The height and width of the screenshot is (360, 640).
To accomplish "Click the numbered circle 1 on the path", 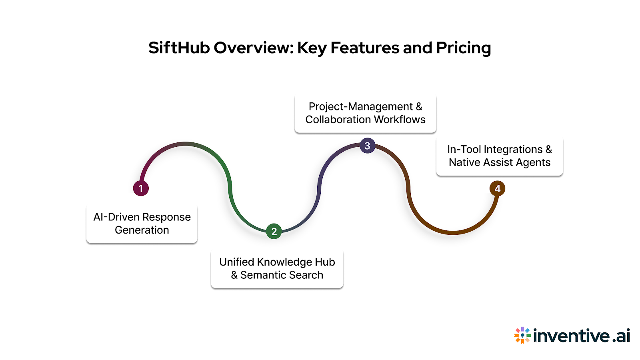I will click(141, 188).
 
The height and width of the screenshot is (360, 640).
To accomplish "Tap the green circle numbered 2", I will click(274, 231).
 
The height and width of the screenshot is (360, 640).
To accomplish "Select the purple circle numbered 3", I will click(367, 146).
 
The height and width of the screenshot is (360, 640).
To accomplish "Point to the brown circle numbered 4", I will click(497, 188).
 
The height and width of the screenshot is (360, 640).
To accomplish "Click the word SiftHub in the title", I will click(179, 48).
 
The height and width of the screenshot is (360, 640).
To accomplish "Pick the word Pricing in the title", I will click(463, 48).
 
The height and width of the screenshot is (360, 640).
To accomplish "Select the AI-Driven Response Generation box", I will click(142, 224).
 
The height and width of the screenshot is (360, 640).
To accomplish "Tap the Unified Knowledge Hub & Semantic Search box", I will click(277, 268).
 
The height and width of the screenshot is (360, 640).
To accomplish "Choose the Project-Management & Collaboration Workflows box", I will click(365, 113).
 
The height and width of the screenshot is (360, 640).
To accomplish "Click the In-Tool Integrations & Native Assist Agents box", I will click(500, 156).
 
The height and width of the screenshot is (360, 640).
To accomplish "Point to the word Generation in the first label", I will click(142, 230).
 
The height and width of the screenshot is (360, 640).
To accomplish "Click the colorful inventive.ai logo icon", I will click(522, 335).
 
